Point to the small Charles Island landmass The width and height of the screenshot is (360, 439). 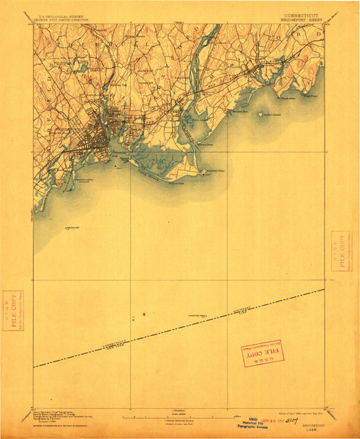pyautogui.click(x=262, y=113)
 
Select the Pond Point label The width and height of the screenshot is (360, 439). pyautogui.click(x=312, y=95)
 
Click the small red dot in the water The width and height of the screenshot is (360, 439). pyautogui.click(x=143, y=315)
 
